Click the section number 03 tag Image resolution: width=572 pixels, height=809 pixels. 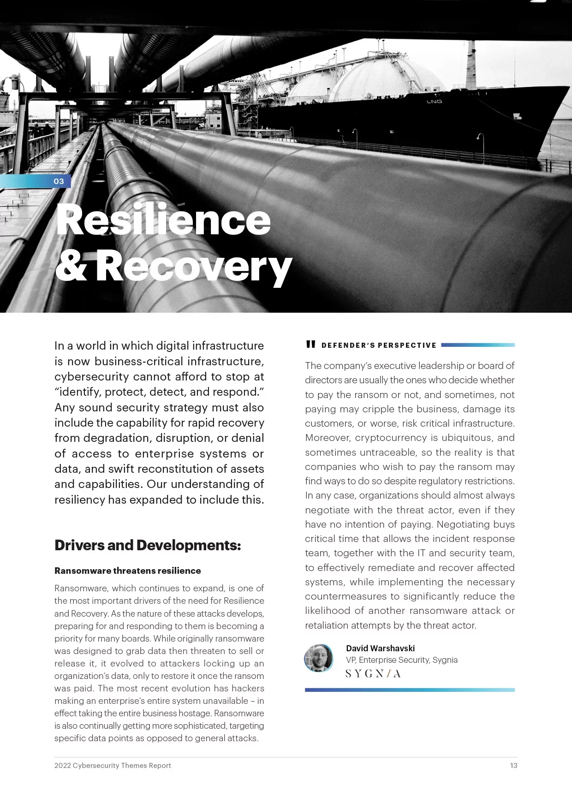pyautogui.click(x=59, y=181)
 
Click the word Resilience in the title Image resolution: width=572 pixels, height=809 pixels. pyautogui.click(x=163, y=220)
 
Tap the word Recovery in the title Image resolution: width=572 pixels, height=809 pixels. pyautogui.click(x=194, y=267)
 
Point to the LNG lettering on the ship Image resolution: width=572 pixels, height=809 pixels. pyautogui.click(x=434, y=101)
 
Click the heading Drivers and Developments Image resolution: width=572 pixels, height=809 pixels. pyautogui.click(x=148, y=545)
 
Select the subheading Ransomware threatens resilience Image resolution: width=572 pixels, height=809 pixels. pyautogui.click(x=128, y=571)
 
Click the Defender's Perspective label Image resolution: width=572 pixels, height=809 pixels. pyautogui.click(x=379, y=345)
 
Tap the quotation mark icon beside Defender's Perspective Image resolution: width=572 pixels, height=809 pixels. pyautogui.click(x=311, y=344)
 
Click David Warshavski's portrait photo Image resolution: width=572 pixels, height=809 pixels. pyautogui.click(x=318, y=658)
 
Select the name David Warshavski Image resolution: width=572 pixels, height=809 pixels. pyautogui.click(x=380, y=648)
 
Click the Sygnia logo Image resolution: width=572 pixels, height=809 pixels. pyautogui.click(x=373, y=674)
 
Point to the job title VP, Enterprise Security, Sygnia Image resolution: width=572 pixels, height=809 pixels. pyautogui.click(x=402, y=660)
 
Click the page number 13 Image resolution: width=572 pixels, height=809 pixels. pyautogui.click(x=513, y=766)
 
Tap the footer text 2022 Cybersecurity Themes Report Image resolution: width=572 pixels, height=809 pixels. pyautogui.click(x=113, y=766)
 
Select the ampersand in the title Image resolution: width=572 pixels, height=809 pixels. pyautogui.click(x=71, y=267)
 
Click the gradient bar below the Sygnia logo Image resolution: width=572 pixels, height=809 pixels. pyautogui.click(x=410, y=690)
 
